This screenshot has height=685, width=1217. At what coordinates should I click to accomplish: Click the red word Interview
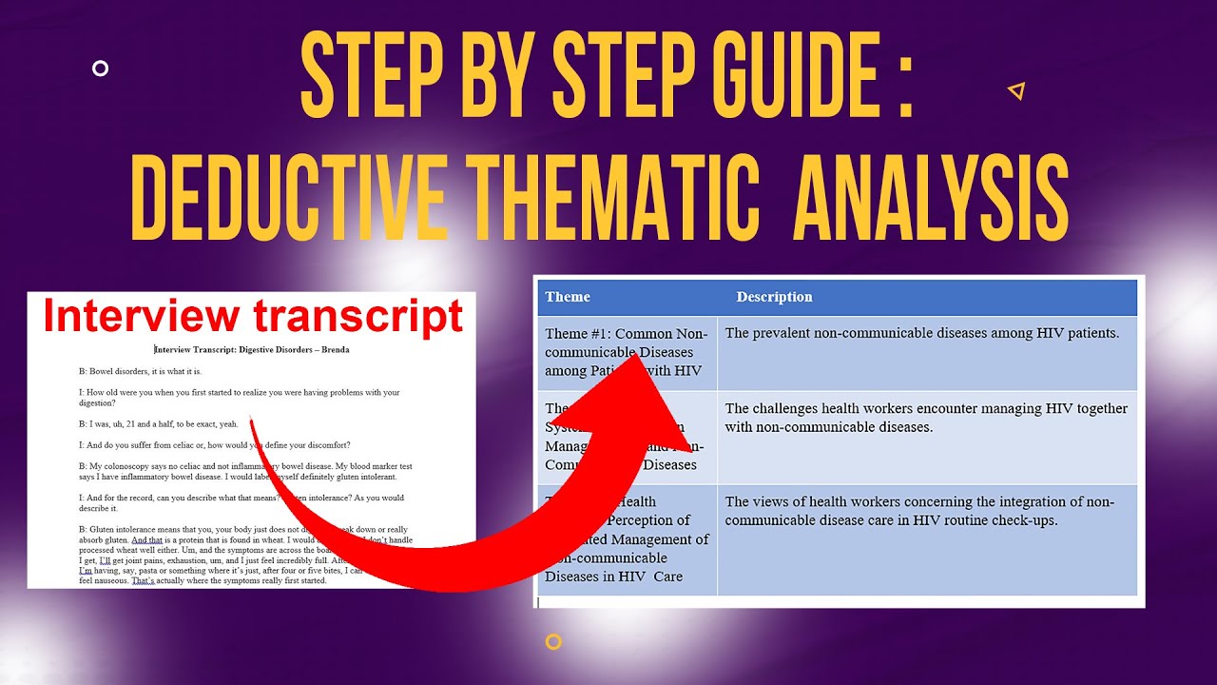(138, 316)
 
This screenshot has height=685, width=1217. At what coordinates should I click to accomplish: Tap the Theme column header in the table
(568, 297)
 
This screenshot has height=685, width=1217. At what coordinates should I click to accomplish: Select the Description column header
(774, 297)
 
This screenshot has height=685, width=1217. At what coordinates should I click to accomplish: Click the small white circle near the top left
(100, 68)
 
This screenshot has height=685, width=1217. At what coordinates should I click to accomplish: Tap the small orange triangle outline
(1016, 91)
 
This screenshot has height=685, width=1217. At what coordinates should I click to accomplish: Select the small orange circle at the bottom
(553, 642)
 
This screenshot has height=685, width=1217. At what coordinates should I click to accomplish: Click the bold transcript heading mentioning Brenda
(252, 349)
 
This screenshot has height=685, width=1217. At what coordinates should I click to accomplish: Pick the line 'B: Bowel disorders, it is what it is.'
(140, 371)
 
